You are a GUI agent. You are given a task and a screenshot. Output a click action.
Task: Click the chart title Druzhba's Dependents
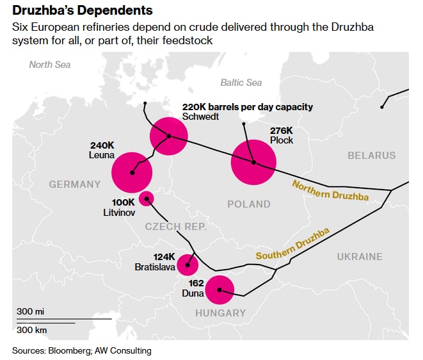coord(83,11)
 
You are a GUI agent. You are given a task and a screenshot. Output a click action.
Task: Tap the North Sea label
coord(50,64)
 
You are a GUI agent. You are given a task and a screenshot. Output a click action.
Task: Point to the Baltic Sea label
coord(241,83)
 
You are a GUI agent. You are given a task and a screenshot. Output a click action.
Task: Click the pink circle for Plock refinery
coord(253,162)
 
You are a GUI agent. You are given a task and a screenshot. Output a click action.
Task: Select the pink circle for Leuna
coord(132,172)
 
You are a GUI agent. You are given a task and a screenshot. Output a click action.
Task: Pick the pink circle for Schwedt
coord(168,136)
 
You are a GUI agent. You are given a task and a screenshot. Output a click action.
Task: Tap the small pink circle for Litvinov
coord(147,199)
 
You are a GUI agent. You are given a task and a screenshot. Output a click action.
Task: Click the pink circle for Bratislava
coord(188,264)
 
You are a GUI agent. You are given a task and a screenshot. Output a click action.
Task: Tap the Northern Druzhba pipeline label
coord(330,190)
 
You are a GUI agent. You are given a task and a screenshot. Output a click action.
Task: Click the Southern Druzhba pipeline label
coord(292,244)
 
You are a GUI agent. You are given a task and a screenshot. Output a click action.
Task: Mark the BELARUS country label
coord(371,156)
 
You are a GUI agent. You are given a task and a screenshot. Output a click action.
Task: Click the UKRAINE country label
coord(360,256)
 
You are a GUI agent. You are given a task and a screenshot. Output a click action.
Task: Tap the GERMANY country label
coord(75,184)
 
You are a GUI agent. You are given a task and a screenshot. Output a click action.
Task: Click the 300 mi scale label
coord(31,311)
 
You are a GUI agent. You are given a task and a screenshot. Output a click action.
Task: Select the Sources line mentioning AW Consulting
coord(81,350)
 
